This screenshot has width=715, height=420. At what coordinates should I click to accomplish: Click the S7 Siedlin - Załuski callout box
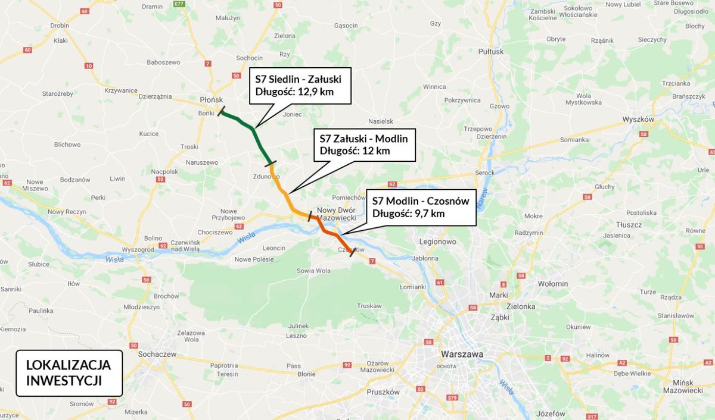pos(300,86)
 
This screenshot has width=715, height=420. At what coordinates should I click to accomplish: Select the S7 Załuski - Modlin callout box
pos(364,145)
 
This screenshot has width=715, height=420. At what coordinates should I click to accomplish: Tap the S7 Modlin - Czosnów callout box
pos(421,207)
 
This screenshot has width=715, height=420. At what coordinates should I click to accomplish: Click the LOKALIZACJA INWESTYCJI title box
pos(69,373)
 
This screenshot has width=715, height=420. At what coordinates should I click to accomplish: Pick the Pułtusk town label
pos(491,52)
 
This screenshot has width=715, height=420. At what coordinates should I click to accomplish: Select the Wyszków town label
pos(638,119)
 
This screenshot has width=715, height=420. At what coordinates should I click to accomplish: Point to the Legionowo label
pos(437,242)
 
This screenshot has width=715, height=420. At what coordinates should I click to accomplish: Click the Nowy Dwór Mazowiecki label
pos(336,214)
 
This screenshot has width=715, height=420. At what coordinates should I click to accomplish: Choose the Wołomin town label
pos(553,284)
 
